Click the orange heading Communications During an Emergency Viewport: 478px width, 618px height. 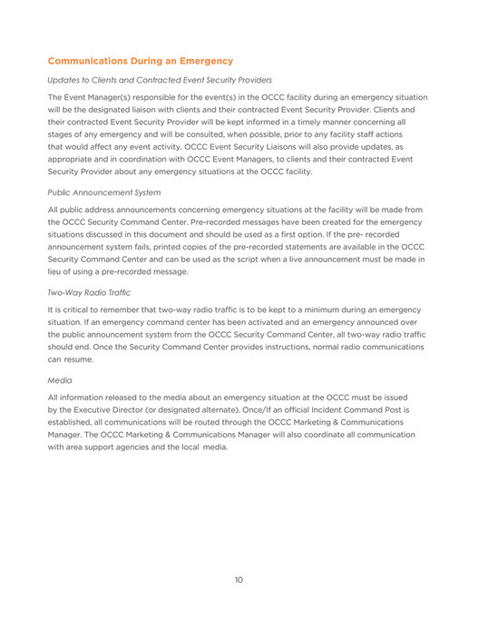pyautogui.click(x=140, y=61)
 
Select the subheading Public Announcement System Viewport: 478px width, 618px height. pyautogui.click(x=104, y=192)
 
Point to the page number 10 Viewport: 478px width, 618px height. pyautogui.click(x=238, y=579)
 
